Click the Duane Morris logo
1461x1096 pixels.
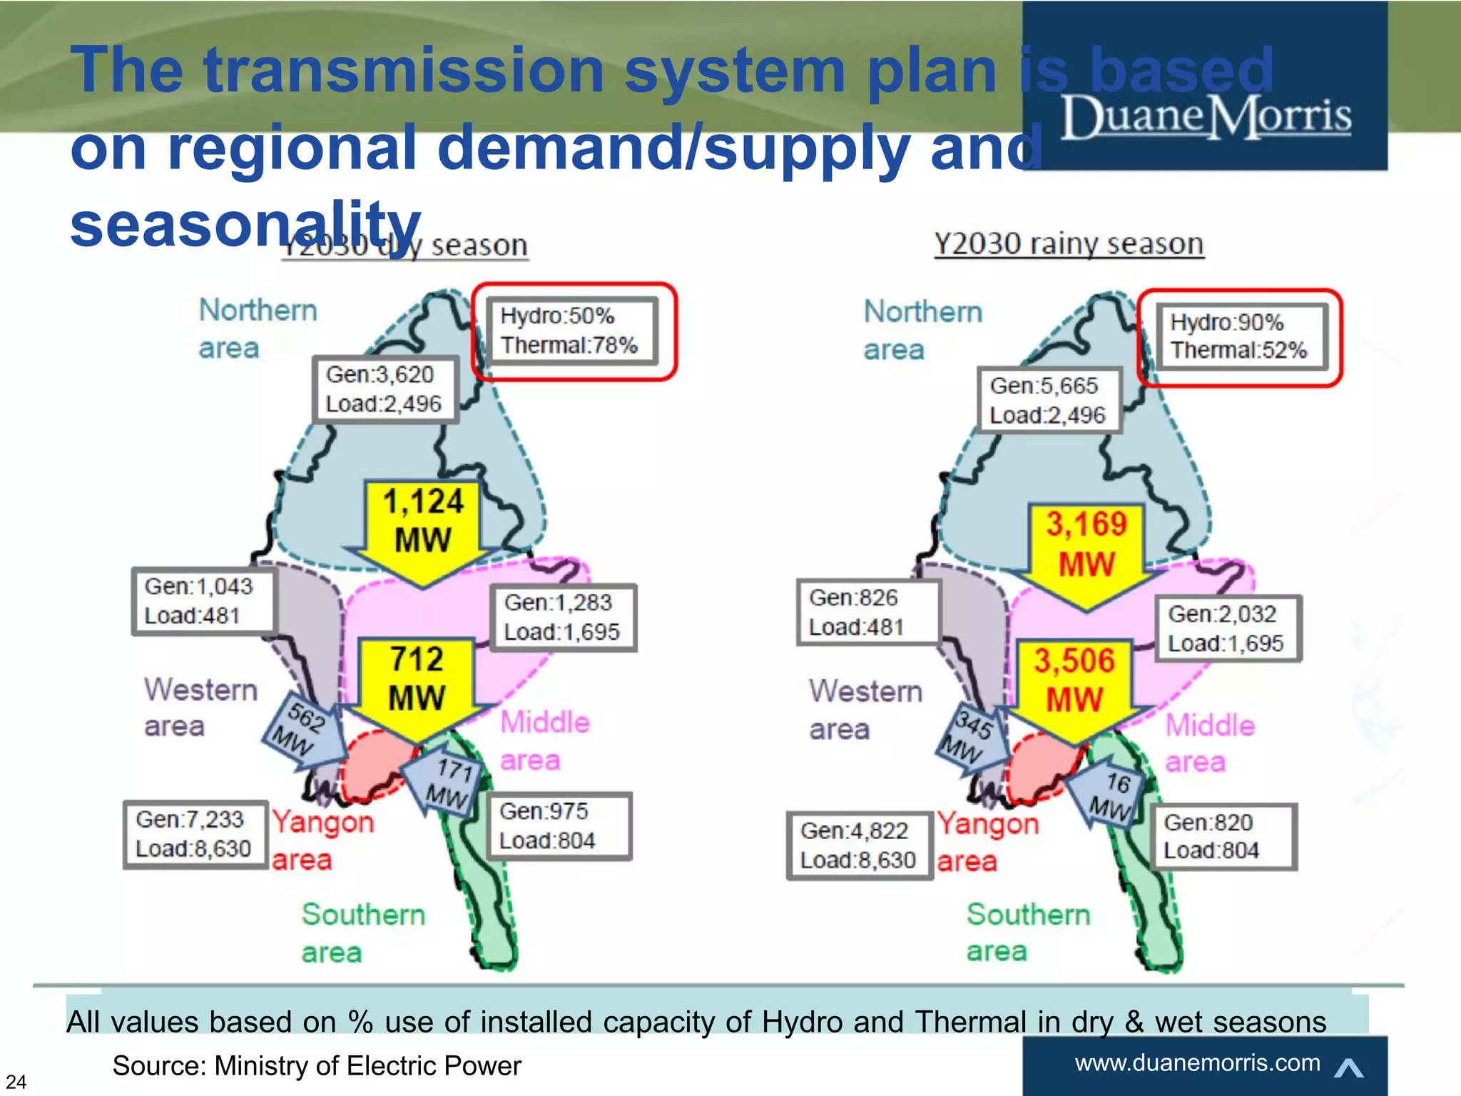pos(1206,118)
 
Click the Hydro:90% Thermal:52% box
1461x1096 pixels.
pos(1239,337)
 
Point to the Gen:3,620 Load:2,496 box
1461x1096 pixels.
pos(385,390)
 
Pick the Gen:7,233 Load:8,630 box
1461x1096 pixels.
pos(194,834)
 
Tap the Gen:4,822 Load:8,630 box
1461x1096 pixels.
pos(859,846)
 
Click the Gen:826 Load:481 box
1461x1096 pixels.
pos(867,612)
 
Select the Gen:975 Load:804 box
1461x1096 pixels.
pos(559,826)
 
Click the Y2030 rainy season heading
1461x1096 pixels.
pos(1069,245)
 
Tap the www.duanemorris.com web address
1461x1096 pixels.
pos(1197,1063)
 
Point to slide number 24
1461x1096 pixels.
pos(16,1082)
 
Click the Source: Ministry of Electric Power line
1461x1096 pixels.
pos(317,1066)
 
